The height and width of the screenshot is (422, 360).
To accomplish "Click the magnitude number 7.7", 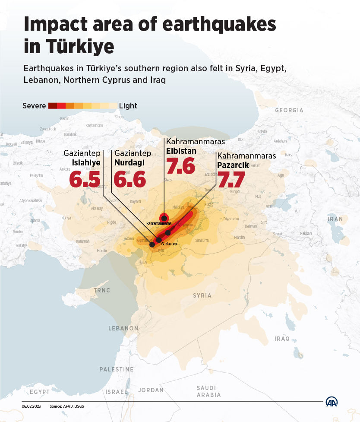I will [231, 180].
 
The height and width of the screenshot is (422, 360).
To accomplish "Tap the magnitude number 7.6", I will [180, 166].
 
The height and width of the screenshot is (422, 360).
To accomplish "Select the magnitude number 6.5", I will [85, 180].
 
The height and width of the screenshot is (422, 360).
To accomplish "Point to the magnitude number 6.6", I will [130, 180].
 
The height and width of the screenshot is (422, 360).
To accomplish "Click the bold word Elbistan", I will [181, 151].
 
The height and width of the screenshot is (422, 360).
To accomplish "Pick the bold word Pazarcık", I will [233, 165].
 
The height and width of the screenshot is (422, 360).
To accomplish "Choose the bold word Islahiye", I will [86, 162].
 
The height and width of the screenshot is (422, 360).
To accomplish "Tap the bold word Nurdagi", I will [129, 162].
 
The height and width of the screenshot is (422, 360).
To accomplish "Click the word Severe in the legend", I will [34, 106].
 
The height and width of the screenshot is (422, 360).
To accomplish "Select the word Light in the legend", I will [128, 106].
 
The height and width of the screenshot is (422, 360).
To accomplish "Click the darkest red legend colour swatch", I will [53, 106].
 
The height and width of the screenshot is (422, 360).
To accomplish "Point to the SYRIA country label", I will [202, 295].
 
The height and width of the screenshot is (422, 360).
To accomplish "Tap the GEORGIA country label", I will [289, 110].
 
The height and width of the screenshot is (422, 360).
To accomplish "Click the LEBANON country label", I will [123, 328].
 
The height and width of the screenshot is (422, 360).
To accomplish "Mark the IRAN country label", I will [335, 219].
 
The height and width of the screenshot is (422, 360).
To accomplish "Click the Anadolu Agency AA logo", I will [332, 401].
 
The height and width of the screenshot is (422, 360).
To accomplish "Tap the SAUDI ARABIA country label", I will [208, 391].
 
